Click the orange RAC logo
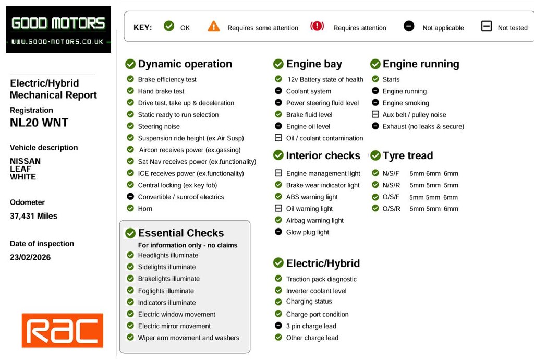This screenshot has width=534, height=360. click(x=62, y=331)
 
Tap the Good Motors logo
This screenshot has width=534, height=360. click(x=58, y=29)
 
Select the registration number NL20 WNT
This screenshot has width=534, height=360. click(x=39, y=123)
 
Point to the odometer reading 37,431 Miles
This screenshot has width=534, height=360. click(x=34, y=216)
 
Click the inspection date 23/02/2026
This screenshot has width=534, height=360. click(x=30, y=257)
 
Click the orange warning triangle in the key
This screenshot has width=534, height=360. click(x=214, y=27)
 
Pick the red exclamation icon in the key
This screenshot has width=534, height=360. click(x=317, y=26)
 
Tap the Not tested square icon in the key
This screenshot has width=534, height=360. click(x=486, y=26)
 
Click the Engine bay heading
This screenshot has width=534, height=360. click(x=314, y=64)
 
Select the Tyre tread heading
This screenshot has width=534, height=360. click(x=408, y=155)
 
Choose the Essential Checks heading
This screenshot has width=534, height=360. click(x=180, y=233)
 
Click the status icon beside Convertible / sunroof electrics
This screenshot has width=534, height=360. click(x=130, y=197)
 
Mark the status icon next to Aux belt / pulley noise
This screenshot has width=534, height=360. click(x=375, y=114)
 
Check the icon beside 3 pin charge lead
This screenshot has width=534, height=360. click(x=278, y=326)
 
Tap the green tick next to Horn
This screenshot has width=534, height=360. click(x=130, y=208)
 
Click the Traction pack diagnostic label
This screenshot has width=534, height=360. click(x=321, y=279)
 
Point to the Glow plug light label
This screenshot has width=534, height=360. click(x=308, y=232)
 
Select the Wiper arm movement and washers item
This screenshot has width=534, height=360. click(x=188, y=338)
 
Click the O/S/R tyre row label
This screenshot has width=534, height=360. click(x=391, y=209)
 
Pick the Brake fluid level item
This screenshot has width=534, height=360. click(x=309, y=115)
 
